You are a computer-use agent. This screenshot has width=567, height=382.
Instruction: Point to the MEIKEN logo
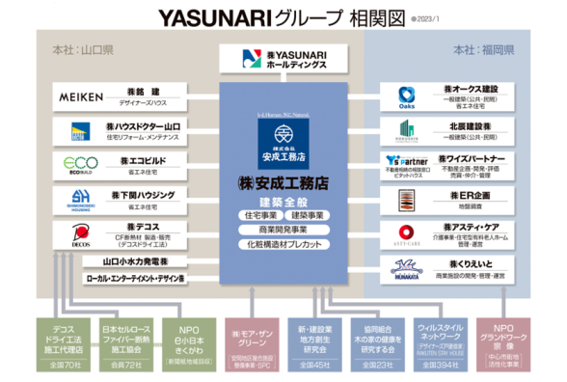tap(82, 97)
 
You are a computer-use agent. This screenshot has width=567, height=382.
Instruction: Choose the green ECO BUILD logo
tap(82, 164)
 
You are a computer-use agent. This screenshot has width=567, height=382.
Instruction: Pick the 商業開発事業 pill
tap(284, 230)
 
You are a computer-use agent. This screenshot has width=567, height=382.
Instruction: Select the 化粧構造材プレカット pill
tap(284, 245)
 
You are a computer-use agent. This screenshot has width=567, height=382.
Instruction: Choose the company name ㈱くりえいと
tap(469, 261)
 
